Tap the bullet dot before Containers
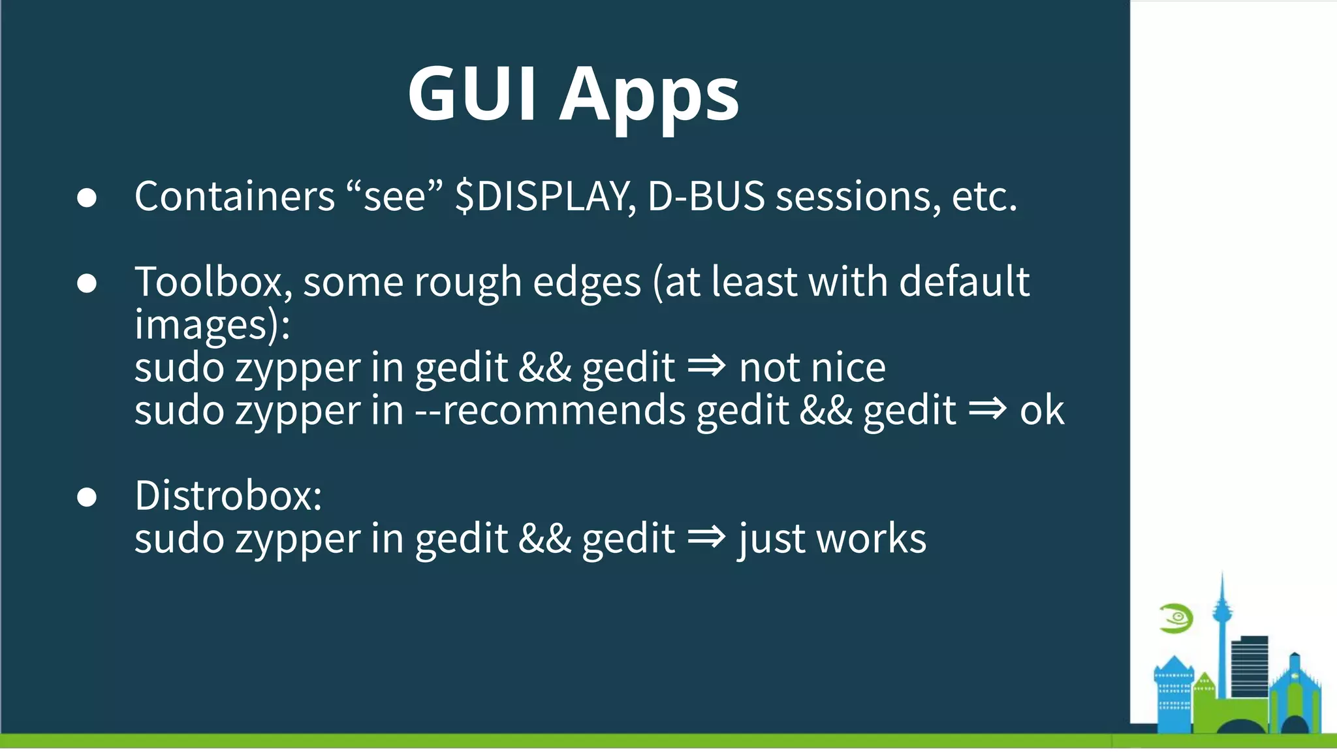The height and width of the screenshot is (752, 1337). tap(87, 197)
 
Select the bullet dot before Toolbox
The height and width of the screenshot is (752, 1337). tap(87, 283)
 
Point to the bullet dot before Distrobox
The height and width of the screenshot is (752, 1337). tap(87, 497)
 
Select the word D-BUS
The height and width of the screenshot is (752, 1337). tap(706, 196)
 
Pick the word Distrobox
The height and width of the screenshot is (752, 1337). tap(228, 495)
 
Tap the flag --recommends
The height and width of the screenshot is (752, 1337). tap(550, 411)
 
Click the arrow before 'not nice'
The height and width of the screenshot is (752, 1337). tap(706, 366)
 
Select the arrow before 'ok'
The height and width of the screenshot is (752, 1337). tap(987, 409)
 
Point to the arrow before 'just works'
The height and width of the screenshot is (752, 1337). tap(706, 537)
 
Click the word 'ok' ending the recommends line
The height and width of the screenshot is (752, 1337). tap(1042, 411)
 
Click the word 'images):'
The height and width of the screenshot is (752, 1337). tap(212, 325)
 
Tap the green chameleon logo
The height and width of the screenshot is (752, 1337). tap(1176, 618)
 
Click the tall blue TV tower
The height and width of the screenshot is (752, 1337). tap(1221, 627)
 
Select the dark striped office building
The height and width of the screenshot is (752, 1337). tap(1250, 666)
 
